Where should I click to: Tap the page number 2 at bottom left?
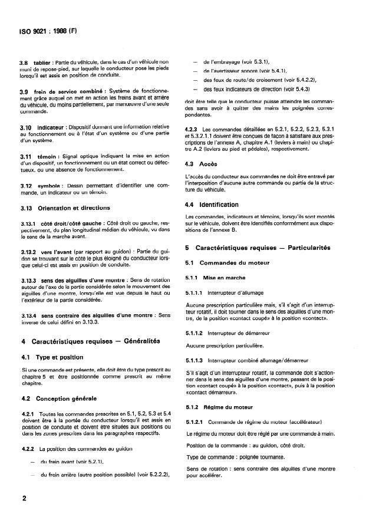pos(24,498)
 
